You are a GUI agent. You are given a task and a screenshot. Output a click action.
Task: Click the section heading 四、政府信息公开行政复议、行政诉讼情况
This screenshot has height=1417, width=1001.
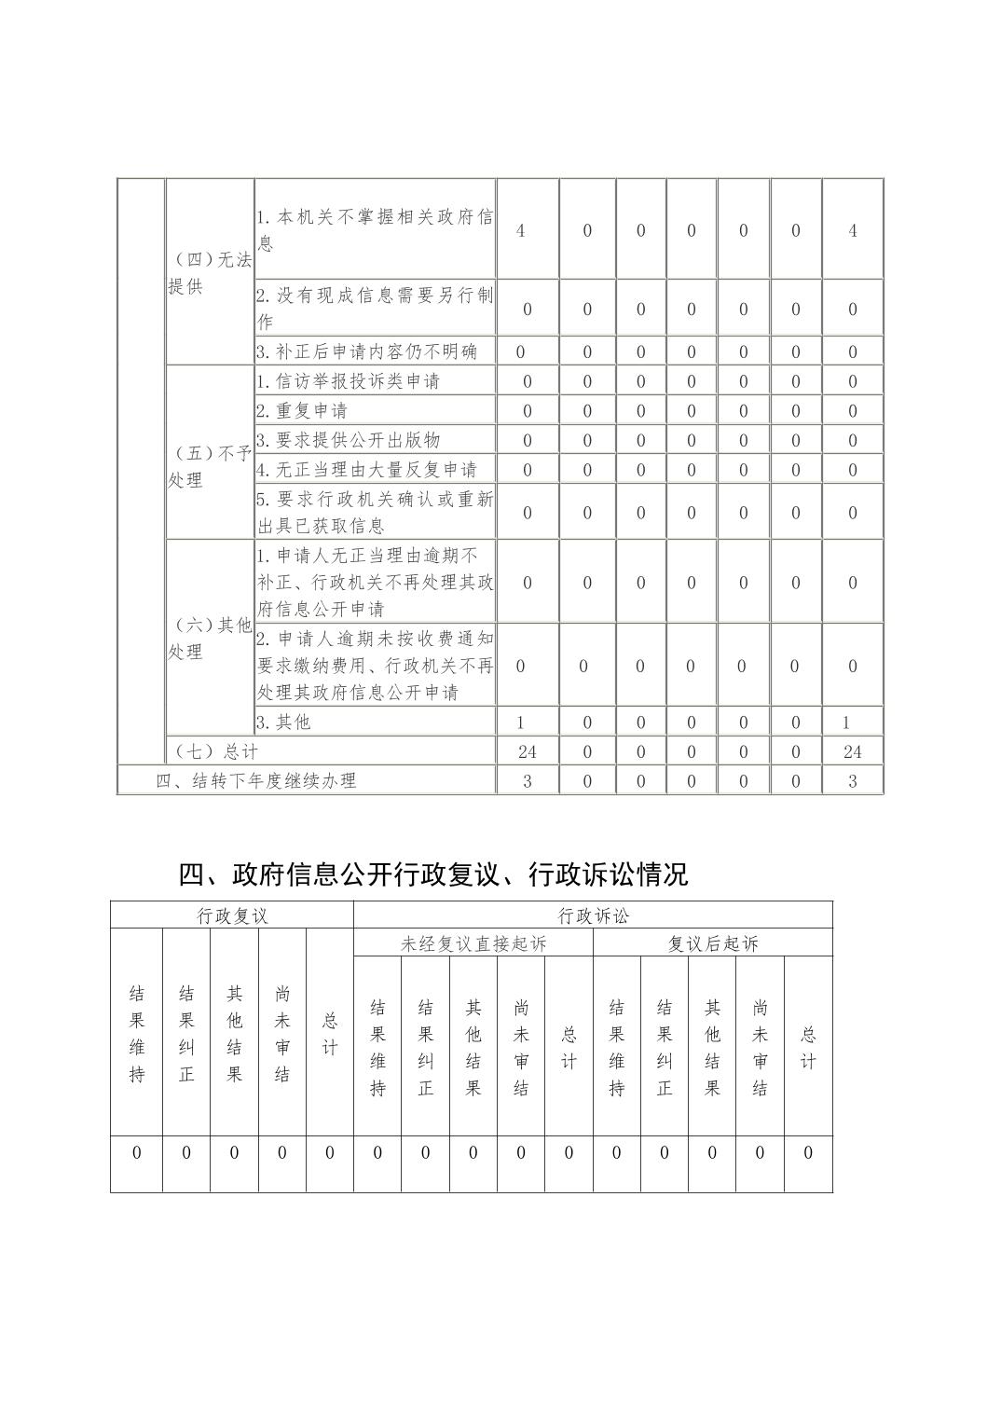coord(433,874)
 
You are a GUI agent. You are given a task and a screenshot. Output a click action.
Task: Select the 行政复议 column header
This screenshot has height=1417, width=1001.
coord(232,915)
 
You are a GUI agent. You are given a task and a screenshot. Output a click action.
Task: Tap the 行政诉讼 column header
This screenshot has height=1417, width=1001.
coord(594,915)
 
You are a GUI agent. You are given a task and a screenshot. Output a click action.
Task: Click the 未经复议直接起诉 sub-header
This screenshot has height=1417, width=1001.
coord(473,943)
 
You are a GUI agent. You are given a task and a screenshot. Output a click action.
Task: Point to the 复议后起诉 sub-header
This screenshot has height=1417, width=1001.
coord(713,943)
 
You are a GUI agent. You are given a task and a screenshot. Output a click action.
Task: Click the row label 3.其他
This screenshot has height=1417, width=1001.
coord(283,722)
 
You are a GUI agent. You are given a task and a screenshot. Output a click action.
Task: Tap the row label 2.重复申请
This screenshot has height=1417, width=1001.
coord(302,410)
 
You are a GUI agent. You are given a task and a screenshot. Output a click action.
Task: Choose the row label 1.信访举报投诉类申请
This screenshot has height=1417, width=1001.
coord(348,380)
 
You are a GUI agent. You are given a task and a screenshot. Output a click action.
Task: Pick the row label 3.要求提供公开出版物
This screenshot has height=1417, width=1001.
coord(348,440)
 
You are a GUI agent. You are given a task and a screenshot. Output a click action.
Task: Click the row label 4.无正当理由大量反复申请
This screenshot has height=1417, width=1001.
coord(366,469)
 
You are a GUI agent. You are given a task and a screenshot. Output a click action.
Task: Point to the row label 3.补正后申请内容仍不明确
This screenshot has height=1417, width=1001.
coord(366,351)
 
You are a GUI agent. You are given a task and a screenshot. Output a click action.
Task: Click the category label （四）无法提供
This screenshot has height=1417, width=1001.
coord(210,273)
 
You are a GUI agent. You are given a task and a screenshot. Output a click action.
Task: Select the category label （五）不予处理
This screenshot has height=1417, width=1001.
coord(210,467)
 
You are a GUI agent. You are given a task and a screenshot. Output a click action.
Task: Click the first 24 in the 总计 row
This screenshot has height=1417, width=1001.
coord(527,751)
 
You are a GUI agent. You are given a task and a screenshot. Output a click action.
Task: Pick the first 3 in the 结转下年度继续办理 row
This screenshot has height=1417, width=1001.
coord(527,781)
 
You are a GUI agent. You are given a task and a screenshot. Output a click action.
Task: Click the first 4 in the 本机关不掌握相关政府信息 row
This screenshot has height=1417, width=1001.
coord(520,230)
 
